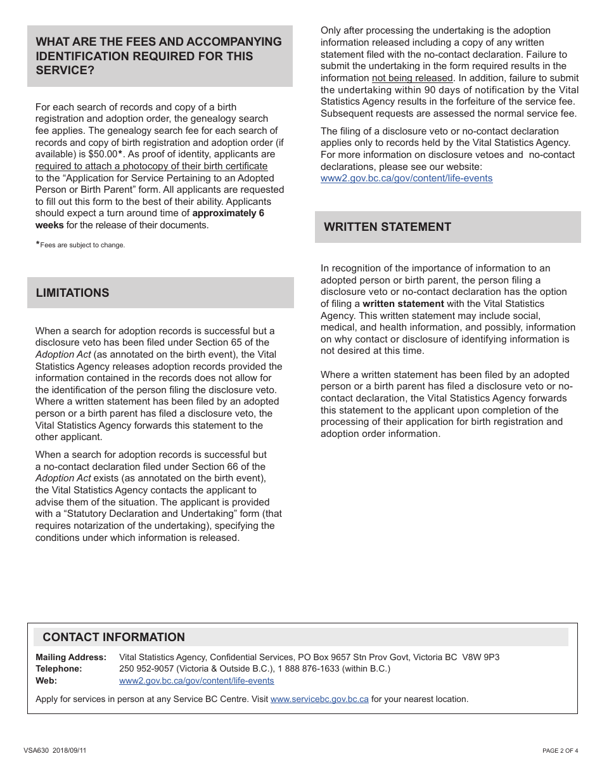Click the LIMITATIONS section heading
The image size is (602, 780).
[72, 293]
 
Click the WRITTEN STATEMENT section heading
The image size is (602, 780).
[387, 227]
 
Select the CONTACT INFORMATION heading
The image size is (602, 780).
[113, 637]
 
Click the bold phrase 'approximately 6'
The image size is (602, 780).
[228, 213]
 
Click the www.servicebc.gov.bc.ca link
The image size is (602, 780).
[319, 699]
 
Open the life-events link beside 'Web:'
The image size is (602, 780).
[196, 680]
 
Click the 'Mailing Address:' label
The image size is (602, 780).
[70, 657]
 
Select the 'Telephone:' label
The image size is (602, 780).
[58, 668]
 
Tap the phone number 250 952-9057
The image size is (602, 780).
[146, 668]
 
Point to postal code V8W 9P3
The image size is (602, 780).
[480, 657]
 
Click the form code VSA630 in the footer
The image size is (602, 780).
[36, 751]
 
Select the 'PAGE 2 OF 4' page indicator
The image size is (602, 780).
[560, 751]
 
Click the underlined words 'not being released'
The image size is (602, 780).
[412, 78]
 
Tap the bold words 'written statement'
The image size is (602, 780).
[403, 304]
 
